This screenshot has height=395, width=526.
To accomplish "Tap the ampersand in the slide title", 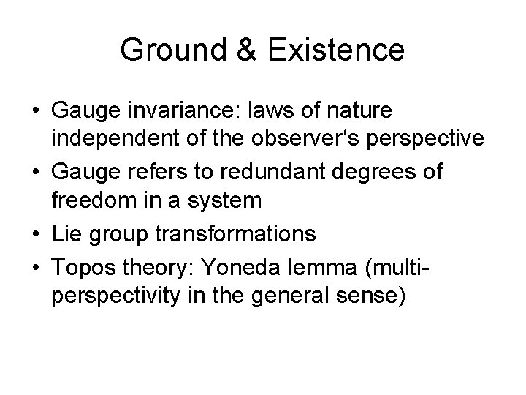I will pos(243,50).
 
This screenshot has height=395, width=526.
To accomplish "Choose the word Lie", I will pos(66,233).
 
